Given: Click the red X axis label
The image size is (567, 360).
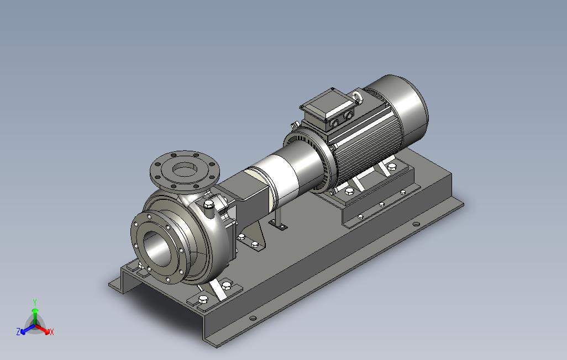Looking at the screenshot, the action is [52, 331].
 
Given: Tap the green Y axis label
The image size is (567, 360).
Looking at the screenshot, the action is [35, 302].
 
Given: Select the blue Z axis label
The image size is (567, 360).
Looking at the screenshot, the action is [18, 331].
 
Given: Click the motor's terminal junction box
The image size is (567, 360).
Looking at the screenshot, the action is [327, 110].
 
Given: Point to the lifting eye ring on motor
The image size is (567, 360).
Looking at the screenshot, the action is [357, 97].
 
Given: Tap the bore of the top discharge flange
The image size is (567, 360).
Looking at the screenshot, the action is [185, 169].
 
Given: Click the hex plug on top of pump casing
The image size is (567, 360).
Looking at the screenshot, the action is [209, 205].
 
